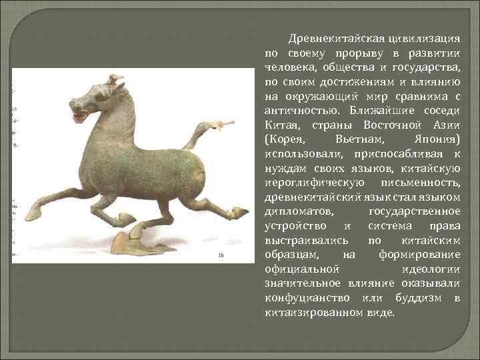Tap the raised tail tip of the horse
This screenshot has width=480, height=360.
[x=223, y=125]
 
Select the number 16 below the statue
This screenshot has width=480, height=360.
[x=221, y=255]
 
